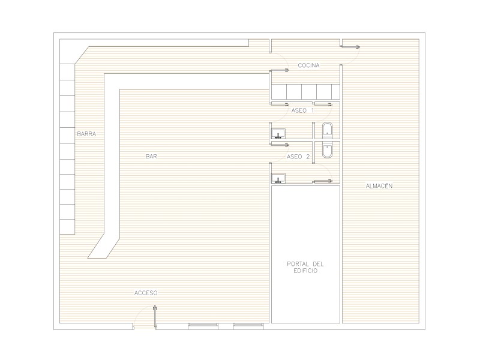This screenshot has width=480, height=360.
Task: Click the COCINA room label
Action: [x=308, y=65]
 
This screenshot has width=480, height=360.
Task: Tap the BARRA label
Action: [x=86, y=134]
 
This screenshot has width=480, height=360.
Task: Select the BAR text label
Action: [x=152, y=157]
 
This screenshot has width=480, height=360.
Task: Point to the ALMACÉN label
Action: [x=379, y=185]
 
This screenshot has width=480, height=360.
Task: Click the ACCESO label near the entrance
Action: [x=146, y=293]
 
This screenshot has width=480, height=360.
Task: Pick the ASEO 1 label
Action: [x=302, y=110]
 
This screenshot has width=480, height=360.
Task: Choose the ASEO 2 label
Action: [x=298, y=157]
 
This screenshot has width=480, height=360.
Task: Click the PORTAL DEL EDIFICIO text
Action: [x=305, y=267]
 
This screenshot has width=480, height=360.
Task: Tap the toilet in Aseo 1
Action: [x=327, y=130]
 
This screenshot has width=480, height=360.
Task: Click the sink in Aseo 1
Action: [x=278, y=134]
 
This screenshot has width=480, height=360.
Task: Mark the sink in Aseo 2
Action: [x=278, y=178]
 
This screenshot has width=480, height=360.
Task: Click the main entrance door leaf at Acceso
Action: [x=155, y=317]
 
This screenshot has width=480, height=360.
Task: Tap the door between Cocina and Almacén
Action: [x=351, y=47]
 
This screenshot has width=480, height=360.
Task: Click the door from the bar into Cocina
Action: [x=279, y=70]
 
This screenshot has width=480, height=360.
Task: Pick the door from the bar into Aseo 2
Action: [x=280, y=144]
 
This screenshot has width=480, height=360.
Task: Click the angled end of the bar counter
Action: [x=103, y=247]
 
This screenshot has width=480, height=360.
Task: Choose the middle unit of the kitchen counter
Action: [x=309, y=92]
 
